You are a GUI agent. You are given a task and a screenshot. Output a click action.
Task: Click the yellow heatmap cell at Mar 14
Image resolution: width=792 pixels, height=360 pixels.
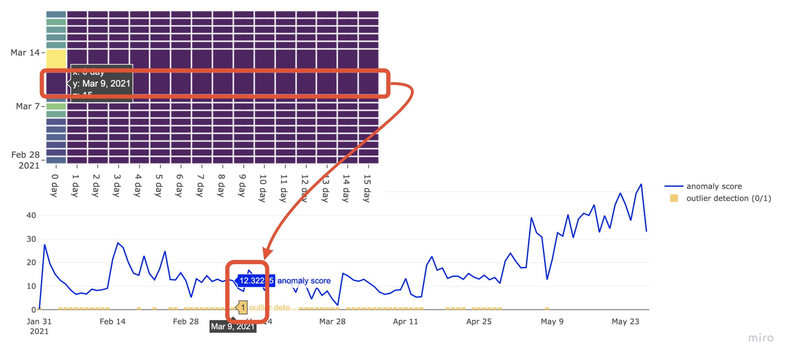[x=56, y=58]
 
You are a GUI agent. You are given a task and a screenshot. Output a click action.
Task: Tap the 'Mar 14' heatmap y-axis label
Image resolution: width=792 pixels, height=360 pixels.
[x=25, y=53]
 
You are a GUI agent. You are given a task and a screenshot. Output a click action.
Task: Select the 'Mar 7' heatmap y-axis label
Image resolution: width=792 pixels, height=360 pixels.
[x=28, y=106]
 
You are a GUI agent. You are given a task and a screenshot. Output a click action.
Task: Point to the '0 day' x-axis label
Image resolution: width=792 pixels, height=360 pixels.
[x=55, y=185]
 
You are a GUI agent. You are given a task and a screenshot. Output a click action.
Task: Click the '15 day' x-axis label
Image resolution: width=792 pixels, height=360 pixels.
[x=367, y=188]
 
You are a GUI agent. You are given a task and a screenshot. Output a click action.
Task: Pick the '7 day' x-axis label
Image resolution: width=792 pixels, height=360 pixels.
[x=201, y=185]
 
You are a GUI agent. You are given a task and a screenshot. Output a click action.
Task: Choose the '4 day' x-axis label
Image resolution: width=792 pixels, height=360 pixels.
[x=138, y=185]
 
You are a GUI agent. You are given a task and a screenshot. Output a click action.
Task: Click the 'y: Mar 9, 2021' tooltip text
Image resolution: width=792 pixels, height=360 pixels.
[x=101, y=83]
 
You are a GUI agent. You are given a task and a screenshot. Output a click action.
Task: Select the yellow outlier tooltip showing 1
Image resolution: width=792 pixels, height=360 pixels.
[x=242, y=307]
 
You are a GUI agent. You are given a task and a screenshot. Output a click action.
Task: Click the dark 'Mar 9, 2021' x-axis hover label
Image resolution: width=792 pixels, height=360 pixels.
[x=233, y=327]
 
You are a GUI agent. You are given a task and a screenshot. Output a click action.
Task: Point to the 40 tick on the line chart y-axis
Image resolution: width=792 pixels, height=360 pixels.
[x=31, y=215]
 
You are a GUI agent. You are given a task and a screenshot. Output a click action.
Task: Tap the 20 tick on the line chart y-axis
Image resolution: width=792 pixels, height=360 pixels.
[x=31, y=262]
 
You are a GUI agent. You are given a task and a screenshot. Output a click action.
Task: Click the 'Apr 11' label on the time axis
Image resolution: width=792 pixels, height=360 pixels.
[x=406, y=322]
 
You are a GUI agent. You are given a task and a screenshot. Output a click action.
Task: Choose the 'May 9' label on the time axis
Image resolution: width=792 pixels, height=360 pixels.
[x=552, y=322]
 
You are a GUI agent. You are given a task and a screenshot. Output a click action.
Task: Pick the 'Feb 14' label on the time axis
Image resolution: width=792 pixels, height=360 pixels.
[x=112, y=322]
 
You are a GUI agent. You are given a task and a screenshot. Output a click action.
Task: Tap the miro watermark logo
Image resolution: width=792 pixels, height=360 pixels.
[x=761, y=338]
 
